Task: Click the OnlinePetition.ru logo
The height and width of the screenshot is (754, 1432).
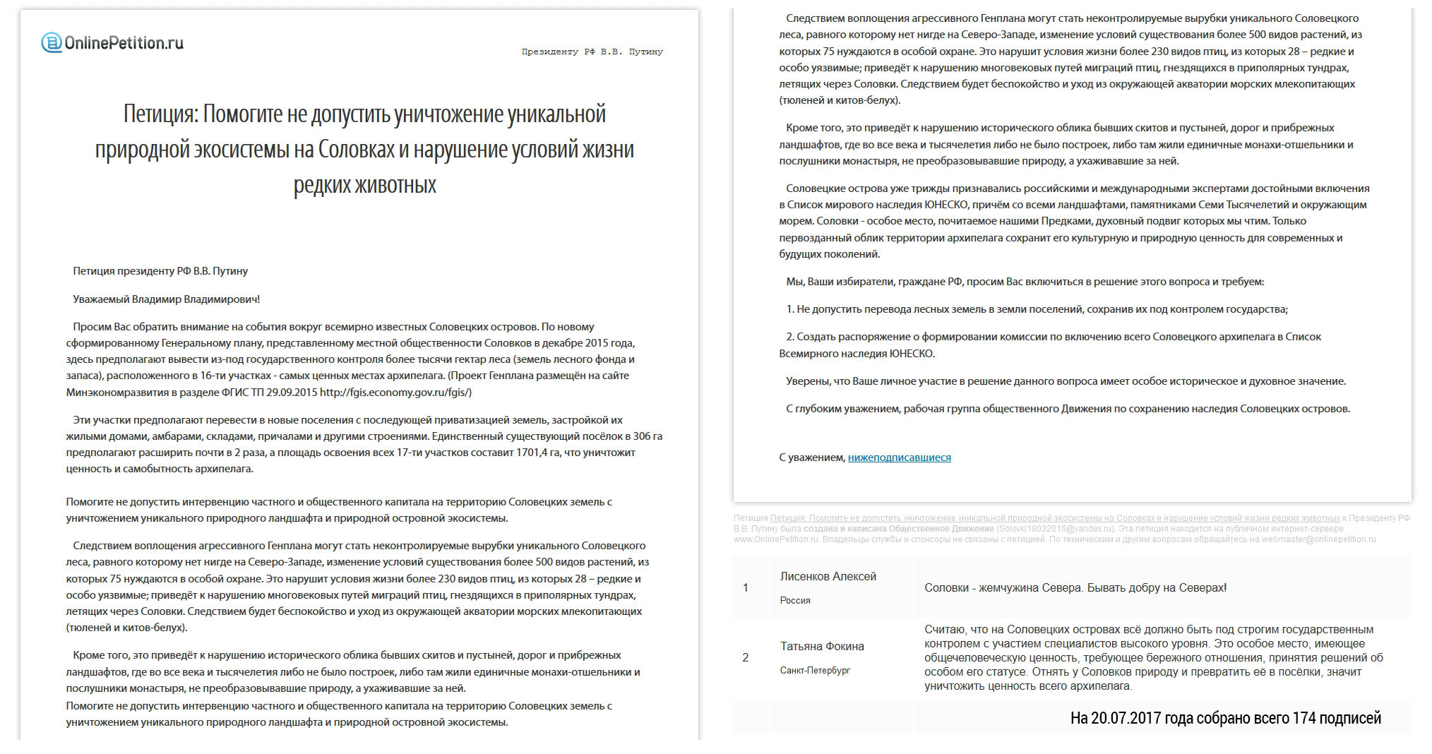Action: coord(113,43)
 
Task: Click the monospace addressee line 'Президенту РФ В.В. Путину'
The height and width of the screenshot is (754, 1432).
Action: coord(592,52)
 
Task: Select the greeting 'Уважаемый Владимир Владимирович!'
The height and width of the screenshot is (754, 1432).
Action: coord(166,299)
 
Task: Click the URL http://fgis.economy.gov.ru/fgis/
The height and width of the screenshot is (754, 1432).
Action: coord(395,392)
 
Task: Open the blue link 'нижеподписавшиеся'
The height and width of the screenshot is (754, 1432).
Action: coord(899,457)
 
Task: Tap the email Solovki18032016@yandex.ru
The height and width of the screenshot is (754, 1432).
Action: coord(1055,529)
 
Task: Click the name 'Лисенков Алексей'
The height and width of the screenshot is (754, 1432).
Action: coord(828,577)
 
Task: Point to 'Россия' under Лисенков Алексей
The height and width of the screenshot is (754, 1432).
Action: coord(795,601)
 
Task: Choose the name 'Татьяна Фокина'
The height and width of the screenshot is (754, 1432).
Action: coord(822,647)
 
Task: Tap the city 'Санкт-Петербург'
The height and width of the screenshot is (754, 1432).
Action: coord(815,671)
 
